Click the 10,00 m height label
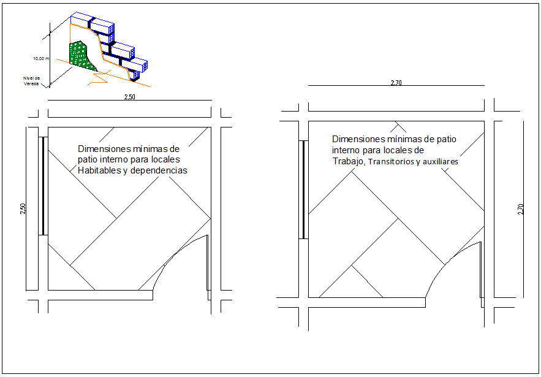pos(40,58)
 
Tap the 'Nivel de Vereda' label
pos(31,81)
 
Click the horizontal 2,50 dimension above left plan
pos(129,97)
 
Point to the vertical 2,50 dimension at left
pos(23,208)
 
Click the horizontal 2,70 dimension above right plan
pos(396,83)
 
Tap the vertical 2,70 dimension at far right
pos(521,208)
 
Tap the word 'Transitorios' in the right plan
pos(392,162)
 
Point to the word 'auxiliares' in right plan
pos(441,162)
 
